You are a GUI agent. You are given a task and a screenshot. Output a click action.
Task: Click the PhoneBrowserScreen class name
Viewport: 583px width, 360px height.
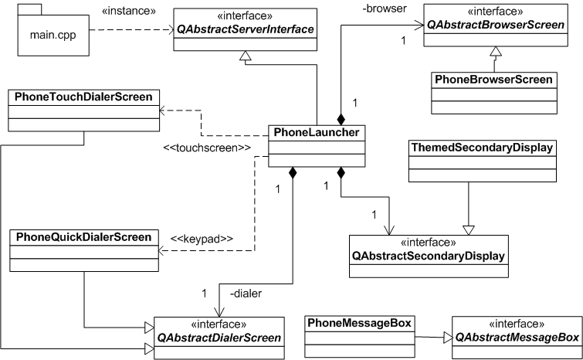point(493,79)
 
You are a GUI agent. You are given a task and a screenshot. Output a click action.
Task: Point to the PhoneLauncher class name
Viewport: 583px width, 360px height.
point(316,132)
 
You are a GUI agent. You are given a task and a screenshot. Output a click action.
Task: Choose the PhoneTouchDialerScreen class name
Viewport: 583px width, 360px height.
point(83,97)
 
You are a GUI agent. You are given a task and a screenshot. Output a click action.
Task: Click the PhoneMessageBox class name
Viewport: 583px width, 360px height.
point(359,322)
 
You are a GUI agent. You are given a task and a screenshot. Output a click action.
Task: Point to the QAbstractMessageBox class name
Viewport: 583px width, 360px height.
point(517,338)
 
